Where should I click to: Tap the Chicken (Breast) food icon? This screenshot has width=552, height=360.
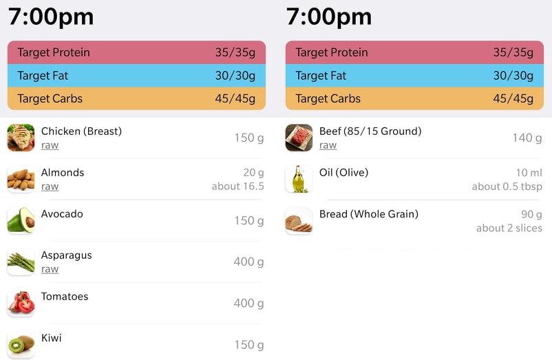tap(21, 138)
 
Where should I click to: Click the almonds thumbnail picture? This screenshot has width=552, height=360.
tap(21, 179)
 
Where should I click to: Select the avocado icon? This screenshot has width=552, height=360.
tap(21, 220)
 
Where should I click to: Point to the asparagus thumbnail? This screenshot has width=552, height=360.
tap(21, 262)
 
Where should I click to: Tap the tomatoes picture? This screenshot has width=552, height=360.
tap(21, 303)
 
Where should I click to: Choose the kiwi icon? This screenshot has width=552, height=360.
tap(21, 344)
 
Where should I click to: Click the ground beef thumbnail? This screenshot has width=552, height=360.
tap(299, 138)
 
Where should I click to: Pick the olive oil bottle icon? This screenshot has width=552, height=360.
tap(299, 179)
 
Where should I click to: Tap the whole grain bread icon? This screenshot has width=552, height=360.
tap(299, 220)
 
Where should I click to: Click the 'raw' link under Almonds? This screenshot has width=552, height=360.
tap(50, 187)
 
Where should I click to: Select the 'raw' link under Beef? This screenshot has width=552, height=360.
tap(328, 145)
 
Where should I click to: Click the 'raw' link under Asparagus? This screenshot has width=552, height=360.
tap(50, 269)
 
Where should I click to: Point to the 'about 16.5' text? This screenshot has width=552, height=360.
tap(237, 187)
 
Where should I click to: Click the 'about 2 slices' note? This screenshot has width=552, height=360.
tap(509, 228)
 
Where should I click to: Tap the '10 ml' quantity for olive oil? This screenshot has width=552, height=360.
tap(529, 173)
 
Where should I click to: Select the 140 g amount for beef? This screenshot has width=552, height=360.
tap(527, 138)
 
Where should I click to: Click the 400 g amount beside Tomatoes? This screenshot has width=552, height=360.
tap(248, 303)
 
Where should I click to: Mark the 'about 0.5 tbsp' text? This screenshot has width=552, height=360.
tap(507, 187)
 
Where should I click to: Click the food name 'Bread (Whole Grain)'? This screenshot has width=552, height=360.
tap(368, 214)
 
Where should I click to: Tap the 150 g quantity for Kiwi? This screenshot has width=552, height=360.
tap(248, 344)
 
